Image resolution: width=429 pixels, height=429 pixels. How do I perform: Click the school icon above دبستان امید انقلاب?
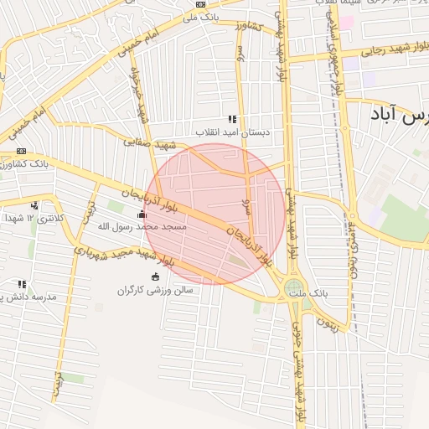(232, 119)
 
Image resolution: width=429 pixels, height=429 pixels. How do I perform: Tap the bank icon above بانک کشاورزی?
(21, 152)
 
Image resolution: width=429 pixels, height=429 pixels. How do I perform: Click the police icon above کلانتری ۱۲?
(34, 205)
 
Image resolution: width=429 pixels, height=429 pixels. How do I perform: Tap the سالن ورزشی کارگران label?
(156, 290)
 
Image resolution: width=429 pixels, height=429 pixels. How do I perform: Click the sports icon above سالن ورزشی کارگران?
(155, 277)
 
